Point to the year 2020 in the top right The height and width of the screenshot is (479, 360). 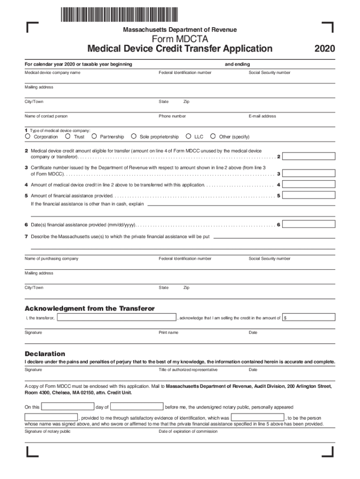coord(324,49)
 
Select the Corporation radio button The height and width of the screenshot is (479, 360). coord(28,137)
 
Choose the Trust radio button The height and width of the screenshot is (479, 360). coord(68,137)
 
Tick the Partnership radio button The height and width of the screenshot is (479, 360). coord(94,137)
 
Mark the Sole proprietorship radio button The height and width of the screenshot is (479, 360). coord(134,137)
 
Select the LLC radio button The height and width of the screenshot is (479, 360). coord(189,137)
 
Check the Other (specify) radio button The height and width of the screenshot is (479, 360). coord(213,137)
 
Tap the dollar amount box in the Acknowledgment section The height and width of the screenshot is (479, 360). coord(309,318)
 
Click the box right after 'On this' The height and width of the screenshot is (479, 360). coord(68,406)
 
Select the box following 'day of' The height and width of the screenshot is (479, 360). coord(137,406)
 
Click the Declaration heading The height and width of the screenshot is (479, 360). coord(45,354)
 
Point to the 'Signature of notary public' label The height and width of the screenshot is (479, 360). coord(48,431)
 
